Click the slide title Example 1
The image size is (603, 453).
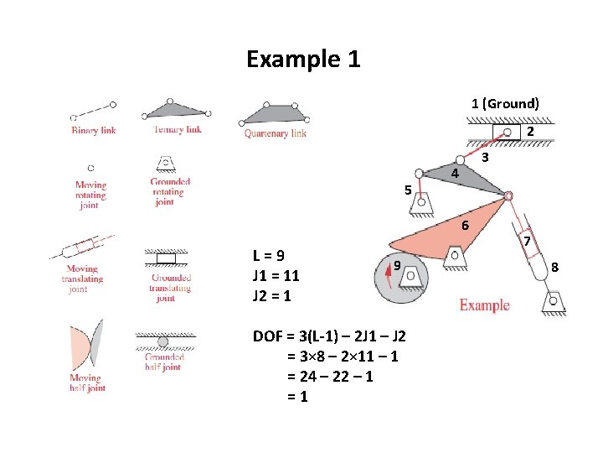[x=303, y=60]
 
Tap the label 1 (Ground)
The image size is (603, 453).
[x=505, y=103]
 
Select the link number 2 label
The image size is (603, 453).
[x=530, y=132]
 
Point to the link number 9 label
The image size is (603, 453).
[x=398, y=266]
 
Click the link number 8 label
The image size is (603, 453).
[x=555, y=268]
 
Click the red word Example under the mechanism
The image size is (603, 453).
[x=484, y=305]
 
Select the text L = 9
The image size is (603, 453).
[x=268, y=256]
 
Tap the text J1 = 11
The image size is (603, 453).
[x=276, y=276]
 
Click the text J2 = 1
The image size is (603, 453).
[x=272, y=296]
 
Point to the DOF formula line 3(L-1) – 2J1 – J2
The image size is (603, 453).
[x=329, y=336]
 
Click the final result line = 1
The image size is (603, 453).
[x=296, y=397]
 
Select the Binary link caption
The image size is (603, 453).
[x=94, y=130]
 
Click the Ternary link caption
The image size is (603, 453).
[x=178, y=130]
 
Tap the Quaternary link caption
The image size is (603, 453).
[x=275, y=133]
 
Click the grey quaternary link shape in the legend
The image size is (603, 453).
[x=275, y=113]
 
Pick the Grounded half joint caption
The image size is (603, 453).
[x=165, y=362]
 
